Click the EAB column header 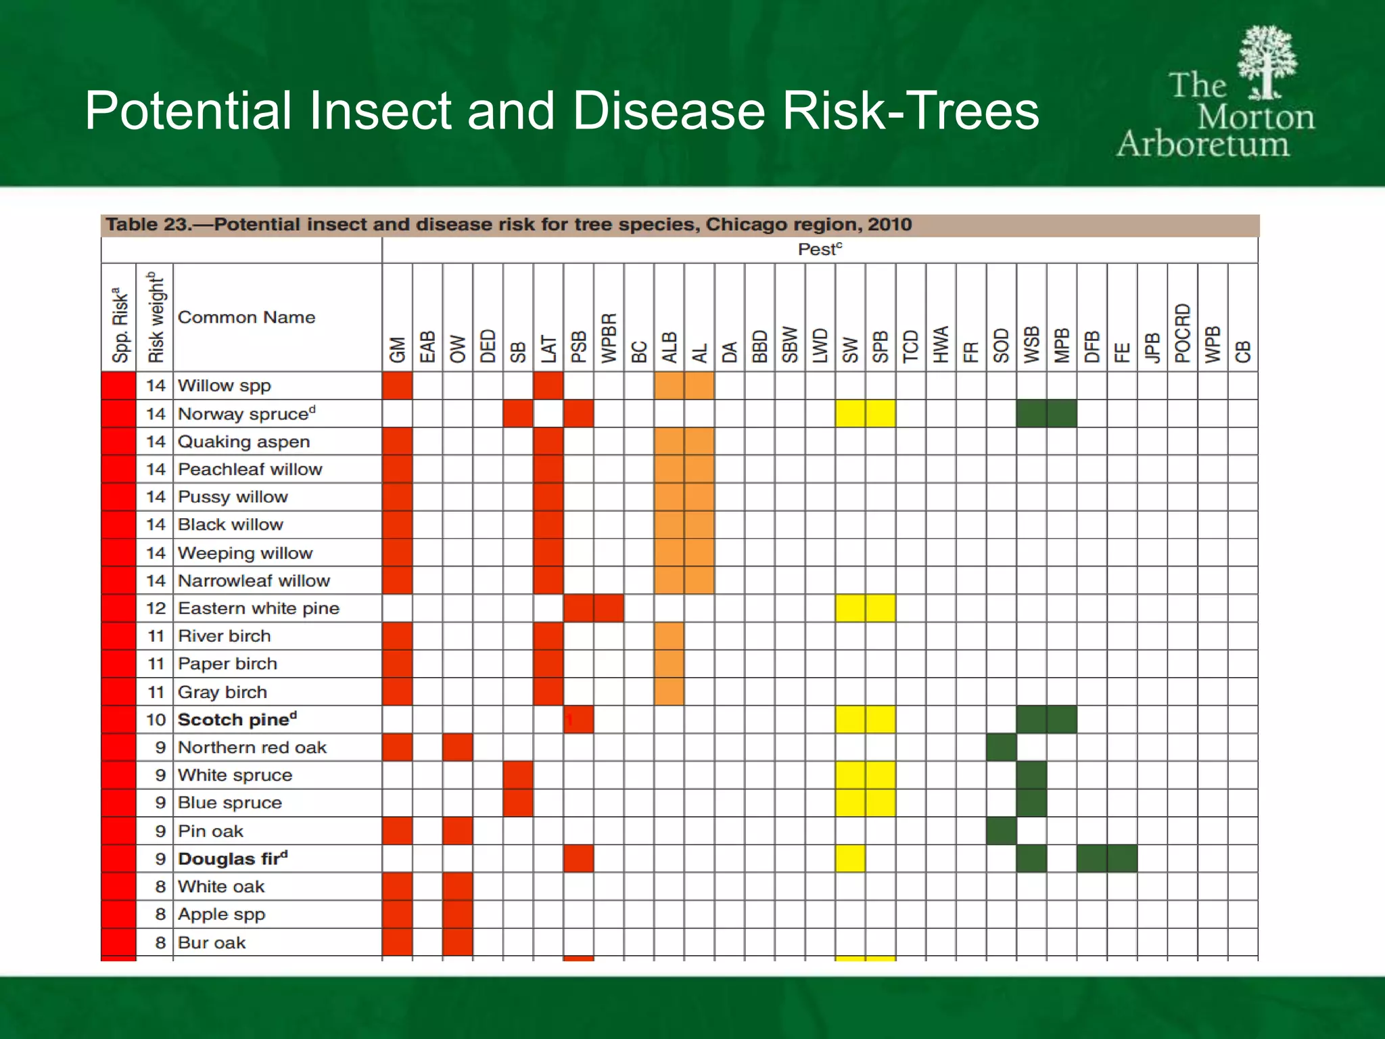click(x=427, y=346)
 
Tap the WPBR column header click(x=609, y=338)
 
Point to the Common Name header click(x=246, y=317)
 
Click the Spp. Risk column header click(x=120, y=325)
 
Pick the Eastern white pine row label click(x=258, y=608)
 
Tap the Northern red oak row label click(x=252, y=747)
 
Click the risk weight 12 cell click(x=156, y=608)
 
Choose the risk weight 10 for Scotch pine click(x=156, y=720)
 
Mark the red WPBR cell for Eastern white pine click(x=609, y=608)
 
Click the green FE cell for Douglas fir click(x=1122, y=858)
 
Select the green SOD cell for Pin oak click(x=1001, y=831)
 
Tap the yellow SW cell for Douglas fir click(x=850, y=858)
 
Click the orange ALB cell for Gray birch click(x=669, y=692)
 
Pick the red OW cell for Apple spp click(x=458, y=914)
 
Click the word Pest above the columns click(x=819, y=250)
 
